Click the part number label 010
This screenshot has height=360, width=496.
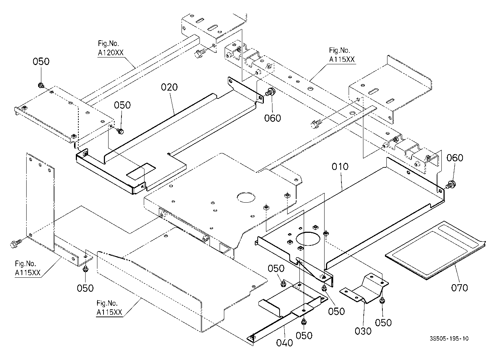[340, 166]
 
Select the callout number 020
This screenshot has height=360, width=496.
[169, 87]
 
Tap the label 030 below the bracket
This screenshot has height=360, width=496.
[363, 331]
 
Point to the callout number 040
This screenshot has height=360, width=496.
[285, 343]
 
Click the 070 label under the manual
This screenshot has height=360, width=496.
[459, 288]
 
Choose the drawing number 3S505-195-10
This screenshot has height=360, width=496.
[449, 338]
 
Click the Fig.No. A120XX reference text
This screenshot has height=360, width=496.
[110, 48]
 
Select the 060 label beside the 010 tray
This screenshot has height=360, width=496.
[455, 158]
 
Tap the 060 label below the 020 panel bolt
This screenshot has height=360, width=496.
[272, 118]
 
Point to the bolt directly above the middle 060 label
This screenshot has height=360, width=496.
[270, 92]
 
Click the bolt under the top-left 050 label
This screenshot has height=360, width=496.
[41, 85]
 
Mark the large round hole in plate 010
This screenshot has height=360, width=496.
[308, 239]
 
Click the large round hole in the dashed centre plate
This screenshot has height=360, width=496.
[246, 197]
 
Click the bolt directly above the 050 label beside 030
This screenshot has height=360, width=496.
[382, 301]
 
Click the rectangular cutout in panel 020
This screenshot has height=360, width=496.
[141, 170]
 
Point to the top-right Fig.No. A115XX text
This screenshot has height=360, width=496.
[342, 55]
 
